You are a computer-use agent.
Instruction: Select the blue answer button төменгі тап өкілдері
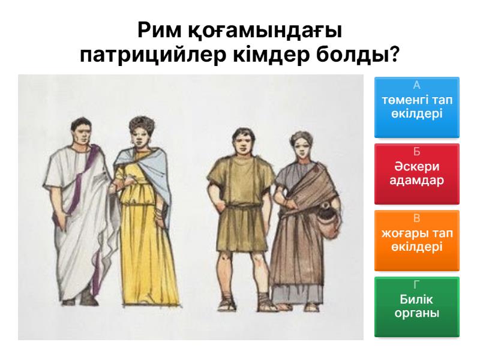[417, 107]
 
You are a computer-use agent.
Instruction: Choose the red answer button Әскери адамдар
[417, 173]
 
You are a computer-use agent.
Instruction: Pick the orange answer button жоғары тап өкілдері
[417, 240]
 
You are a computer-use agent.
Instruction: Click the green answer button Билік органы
[417, 307]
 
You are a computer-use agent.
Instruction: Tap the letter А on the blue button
[417, 86]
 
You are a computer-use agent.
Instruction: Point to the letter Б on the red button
[417, 152]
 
